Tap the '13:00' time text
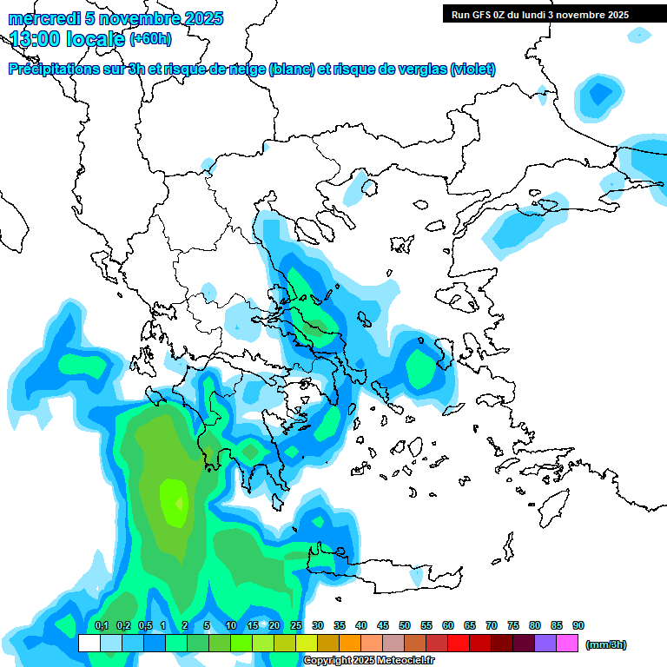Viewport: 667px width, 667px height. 34,38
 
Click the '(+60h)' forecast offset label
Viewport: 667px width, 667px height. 150,38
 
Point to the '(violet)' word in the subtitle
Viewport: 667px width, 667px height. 472,69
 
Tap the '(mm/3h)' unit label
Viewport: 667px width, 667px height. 606,644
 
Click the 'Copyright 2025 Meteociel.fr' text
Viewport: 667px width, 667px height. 368,661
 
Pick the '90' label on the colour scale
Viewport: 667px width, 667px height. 578,625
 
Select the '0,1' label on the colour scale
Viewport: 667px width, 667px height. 102,625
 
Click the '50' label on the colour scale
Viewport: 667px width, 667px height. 405,625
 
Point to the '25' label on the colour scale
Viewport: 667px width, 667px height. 296,625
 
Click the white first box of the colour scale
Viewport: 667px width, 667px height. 89,644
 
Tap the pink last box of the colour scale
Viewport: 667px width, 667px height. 567,644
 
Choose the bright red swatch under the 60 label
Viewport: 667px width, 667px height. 459,644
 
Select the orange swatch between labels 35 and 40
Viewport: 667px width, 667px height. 350,644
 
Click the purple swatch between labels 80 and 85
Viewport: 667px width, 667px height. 545,644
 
